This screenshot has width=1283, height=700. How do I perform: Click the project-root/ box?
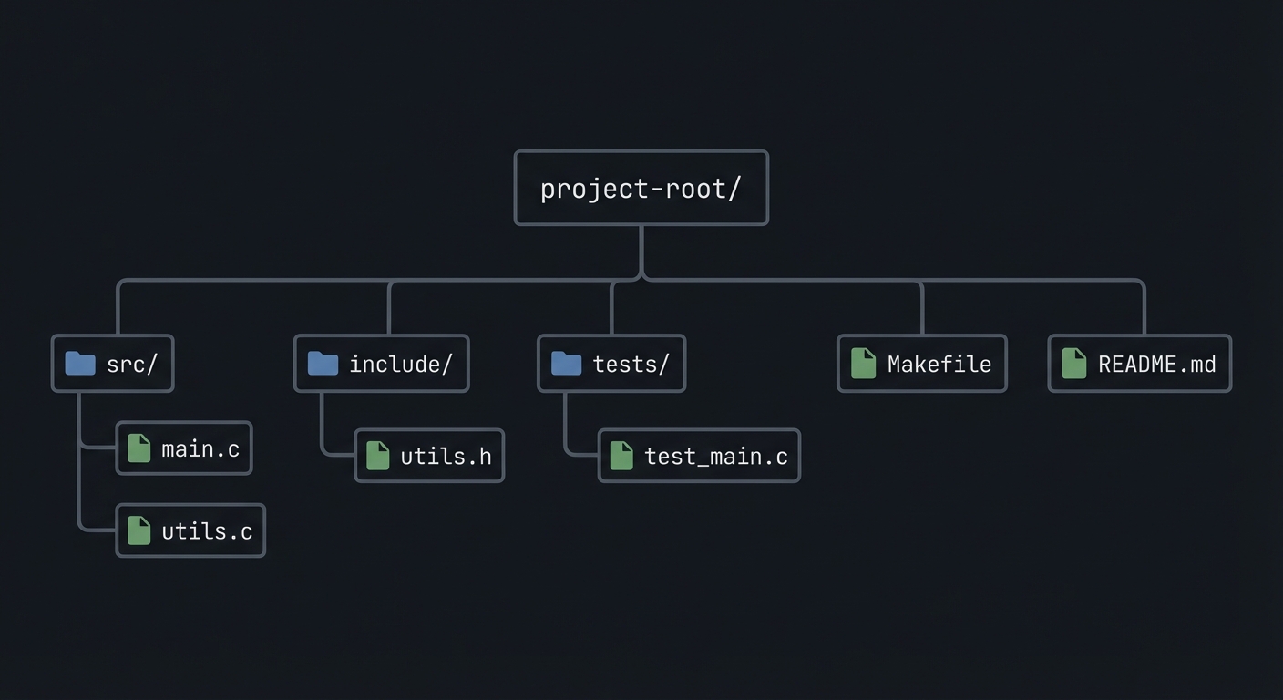[641, 188]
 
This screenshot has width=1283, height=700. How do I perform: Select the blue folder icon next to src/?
[80, 364]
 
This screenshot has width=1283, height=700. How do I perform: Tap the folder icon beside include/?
[323, 364]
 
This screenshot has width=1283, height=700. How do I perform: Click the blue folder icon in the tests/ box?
[566, 364]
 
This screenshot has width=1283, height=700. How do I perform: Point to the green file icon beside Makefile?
[863, 364]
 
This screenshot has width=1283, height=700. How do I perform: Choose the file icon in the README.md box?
[1074, 364]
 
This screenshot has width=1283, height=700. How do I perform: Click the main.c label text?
[200, 448]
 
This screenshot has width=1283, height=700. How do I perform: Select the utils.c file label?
[207, 530]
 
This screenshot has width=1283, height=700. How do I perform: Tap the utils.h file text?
[446, 456]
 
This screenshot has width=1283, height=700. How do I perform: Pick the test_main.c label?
[715, 456]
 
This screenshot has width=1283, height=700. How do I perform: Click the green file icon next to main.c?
[139, 448]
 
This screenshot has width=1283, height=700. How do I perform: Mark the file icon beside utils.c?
[139, 530]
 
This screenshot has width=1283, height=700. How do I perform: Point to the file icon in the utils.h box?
[377, 456]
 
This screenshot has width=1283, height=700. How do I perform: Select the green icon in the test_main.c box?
[621, 456]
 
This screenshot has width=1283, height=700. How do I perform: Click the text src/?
[132, 364]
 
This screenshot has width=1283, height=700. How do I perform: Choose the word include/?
[401, 364]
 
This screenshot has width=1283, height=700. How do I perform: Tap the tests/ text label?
[631, 364]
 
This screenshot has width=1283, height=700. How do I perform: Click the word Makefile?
[939, 364]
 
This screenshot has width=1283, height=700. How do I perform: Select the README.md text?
[1156, 364]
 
